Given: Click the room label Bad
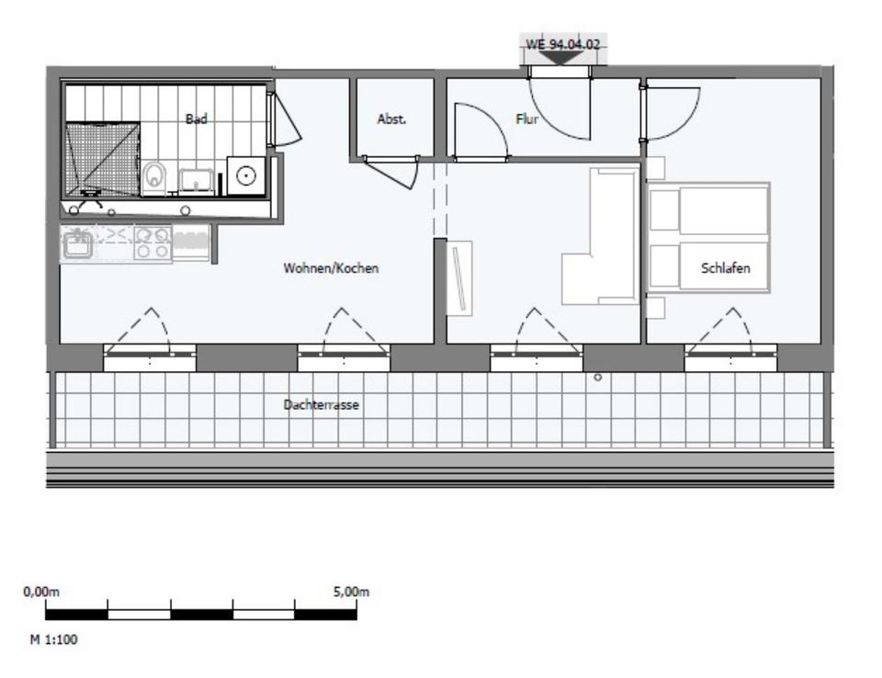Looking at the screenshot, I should click(196, 119).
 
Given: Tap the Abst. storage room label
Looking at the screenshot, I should click(391, 119).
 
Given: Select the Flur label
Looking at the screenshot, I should click(527, 119).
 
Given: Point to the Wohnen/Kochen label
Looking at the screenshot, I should click(332, 269).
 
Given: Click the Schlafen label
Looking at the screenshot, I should click(726, 269).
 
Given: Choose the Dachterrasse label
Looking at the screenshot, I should click(322, 405).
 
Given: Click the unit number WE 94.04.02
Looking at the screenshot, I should click(563, 44).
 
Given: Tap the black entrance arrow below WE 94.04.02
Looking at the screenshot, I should click(563, 57).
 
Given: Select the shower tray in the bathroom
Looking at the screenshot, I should click(102, 157).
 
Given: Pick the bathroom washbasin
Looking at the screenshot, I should click(196, 178).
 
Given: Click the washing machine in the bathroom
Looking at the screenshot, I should click(245, 175).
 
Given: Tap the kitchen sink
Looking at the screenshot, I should click(78, 243).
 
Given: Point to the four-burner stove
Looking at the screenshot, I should click(153, 242).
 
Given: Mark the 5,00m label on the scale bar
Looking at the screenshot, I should click(351, 593).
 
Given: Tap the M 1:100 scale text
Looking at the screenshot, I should click(54, 639).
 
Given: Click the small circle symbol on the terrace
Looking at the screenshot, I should click(597, 377).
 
